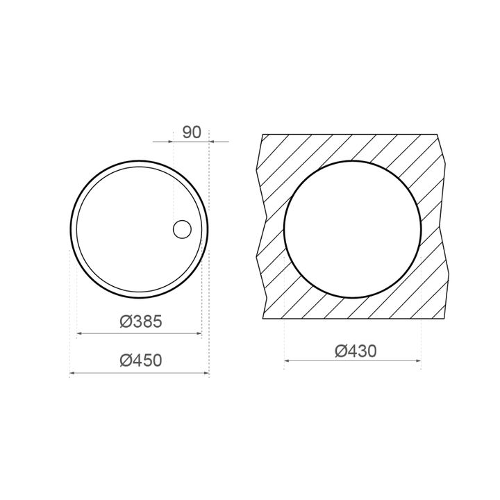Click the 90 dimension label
tap(192, 133)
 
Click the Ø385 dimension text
tap(141, 321)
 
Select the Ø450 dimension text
tap(141, 360)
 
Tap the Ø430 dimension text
tap(356, 351)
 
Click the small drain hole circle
tap(182, 229)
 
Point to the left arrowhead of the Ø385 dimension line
tap(79, 333)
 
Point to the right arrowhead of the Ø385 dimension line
tap(199, 333)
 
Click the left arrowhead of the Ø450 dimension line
tap(72, 373)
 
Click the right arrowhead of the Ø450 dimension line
tap(207, 373)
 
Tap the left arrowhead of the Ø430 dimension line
tap(287, 360)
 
